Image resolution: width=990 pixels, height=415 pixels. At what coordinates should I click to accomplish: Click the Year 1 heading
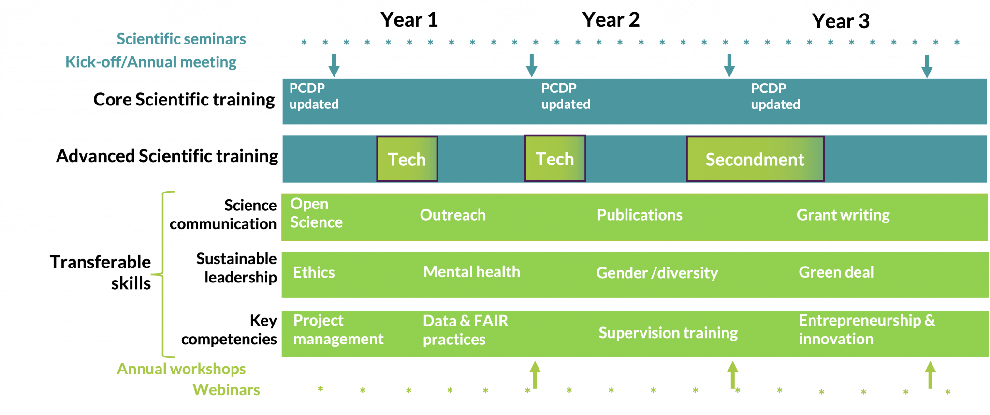pyautogui.click(x=409, y=20)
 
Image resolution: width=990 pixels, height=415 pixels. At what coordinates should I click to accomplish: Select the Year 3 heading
pyautogui.click(x=841, y=21)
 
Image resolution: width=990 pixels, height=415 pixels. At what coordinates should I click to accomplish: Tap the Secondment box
pyautogui.click(x=755, y=159)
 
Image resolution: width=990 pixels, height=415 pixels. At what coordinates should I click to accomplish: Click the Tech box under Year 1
pyautogui.click(x=407, y=159)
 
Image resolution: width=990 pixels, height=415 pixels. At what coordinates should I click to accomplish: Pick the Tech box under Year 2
pyautogui.click(x=555, y=159)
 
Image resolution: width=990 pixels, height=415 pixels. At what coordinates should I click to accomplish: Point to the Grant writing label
pyautogui.click(x=843, y=215)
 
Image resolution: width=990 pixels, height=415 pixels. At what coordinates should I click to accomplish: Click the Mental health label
pyautogui.click(x=472, y=272)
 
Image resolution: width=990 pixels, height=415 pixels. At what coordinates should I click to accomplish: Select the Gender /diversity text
pyautogui.click(x=657, y=273)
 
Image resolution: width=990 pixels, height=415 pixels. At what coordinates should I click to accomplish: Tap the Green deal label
pyautogui.click(x=836, y=272)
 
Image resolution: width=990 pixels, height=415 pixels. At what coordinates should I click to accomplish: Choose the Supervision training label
pyautogui.click(x=668, y=333)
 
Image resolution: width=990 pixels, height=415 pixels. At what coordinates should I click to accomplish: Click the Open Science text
pyautogui.click(x=316, y=213)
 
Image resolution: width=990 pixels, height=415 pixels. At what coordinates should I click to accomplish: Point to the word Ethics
pyautogui.click(x=314, y=272)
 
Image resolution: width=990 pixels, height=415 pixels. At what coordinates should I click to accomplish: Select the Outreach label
pyautogui.click(x=453, y=215)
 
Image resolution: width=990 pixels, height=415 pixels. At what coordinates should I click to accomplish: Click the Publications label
pyautogui.click(x=640, y=215)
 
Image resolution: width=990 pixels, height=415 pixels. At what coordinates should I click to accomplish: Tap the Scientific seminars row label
pyautogui.click(x=181, y=39)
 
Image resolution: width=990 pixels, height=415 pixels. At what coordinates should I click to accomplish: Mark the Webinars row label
pyautogui.click(x=226, y=390)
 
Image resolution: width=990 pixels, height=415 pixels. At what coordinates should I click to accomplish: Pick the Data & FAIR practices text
pyautogui.click(x=466, y=330)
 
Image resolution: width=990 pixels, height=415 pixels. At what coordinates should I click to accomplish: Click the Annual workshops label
pyautogui.click(x=181, y=369)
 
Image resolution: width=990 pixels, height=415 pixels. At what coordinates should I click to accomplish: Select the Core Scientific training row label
pyautogui.click(x=184, y=100)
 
